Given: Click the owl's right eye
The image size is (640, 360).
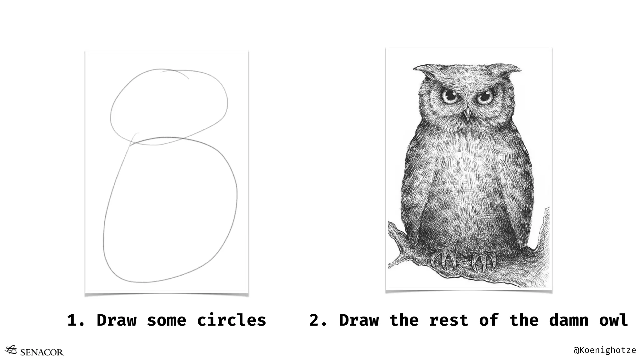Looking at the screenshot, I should point(484,97).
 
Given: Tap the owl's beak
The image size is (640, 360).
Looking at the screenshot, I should point(467,114).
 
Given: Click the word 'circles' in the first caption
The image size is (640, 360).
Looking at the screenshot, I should point(231,320).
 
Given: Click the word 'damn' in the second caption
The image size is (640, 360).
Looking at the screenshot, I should point(568,320).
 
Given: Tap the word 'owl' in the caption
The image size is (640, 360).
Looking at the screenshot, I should point(613,320).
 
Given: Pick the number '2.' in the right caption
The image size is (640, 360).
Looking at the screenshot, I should point(318,320).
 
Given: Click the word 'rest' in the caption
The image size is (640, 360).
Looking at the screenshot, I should point(448,320).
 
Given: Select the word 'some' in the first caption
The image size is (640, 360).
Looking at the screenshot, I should point(167,320).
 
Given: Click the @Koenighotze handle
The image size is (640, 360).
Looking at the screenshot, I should point(605,350).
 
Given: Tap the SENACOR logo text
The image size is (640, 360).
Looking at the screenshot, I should point(42,352).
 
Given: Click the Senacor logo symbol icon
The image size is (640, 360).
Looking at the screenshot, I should point(11,350).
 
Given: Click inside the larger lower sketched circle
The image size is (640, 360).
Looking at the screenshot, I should point(170,209).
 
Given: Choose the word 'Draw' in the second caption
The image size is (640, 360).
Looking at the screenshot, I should point(359,320).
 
